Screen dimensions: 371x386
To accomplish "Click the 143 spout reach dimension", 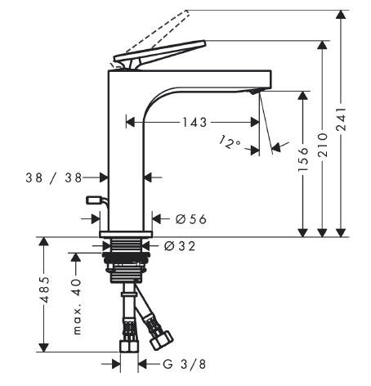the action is [194, 123].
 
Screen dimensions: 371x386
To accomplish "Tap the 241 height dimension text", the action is [341, 119].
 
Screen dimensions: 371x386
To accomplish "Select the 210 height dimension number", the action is [323, 145].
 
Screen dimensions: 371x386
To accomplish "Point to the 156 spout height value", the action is [303, 159].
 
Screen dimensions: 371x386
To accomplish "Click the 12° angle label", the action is [229, 142].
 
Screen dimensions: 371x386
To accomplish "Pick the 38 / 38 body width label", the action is [54, 178].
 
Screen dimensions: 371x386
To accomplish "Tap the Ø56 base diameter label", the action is [191, 219].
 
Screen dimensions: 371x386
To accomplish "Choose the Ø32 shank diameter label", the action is [180, 246].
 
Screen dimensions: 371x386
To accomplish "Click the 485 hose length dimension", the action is [44, 289].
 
